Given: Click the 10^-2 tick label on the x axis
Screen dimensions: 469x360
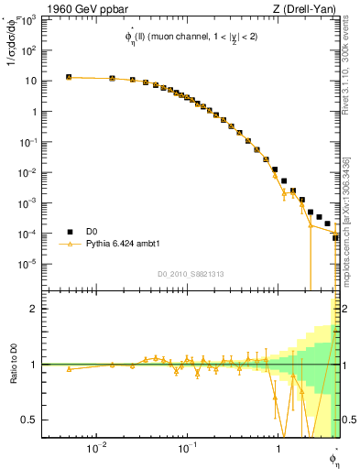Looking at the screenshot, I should pos(95,449).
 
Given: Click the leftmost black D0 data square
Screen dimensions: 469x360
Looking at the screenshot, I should pos(69,77).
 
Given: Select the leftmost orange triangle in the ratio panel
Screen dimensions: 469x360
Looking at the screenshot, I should pos(69,368).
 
